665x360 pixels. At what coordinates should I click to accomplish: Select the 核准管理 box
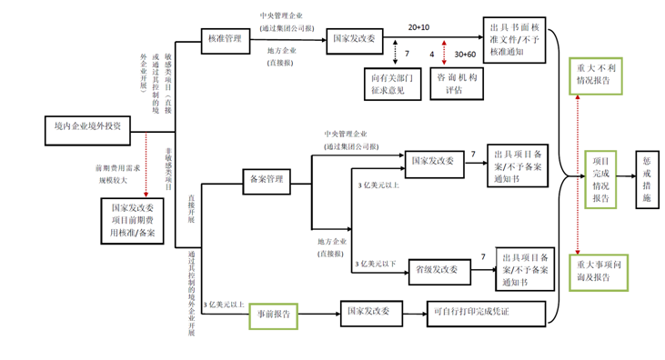[225, 39]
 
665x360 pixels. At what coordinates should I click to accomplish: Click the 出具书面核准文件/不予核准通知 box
[513, 41]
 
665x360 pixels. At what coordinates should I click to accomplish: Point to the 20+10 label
[419, 28]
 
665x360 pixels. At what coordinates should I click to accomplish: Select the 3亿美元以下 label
[377, 263]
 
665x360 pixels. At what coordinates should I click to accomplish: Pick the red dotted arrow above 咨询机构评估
[444, 54]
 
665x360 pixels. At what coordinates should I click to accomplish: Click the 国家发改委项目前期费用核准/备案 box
[127, 221]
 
